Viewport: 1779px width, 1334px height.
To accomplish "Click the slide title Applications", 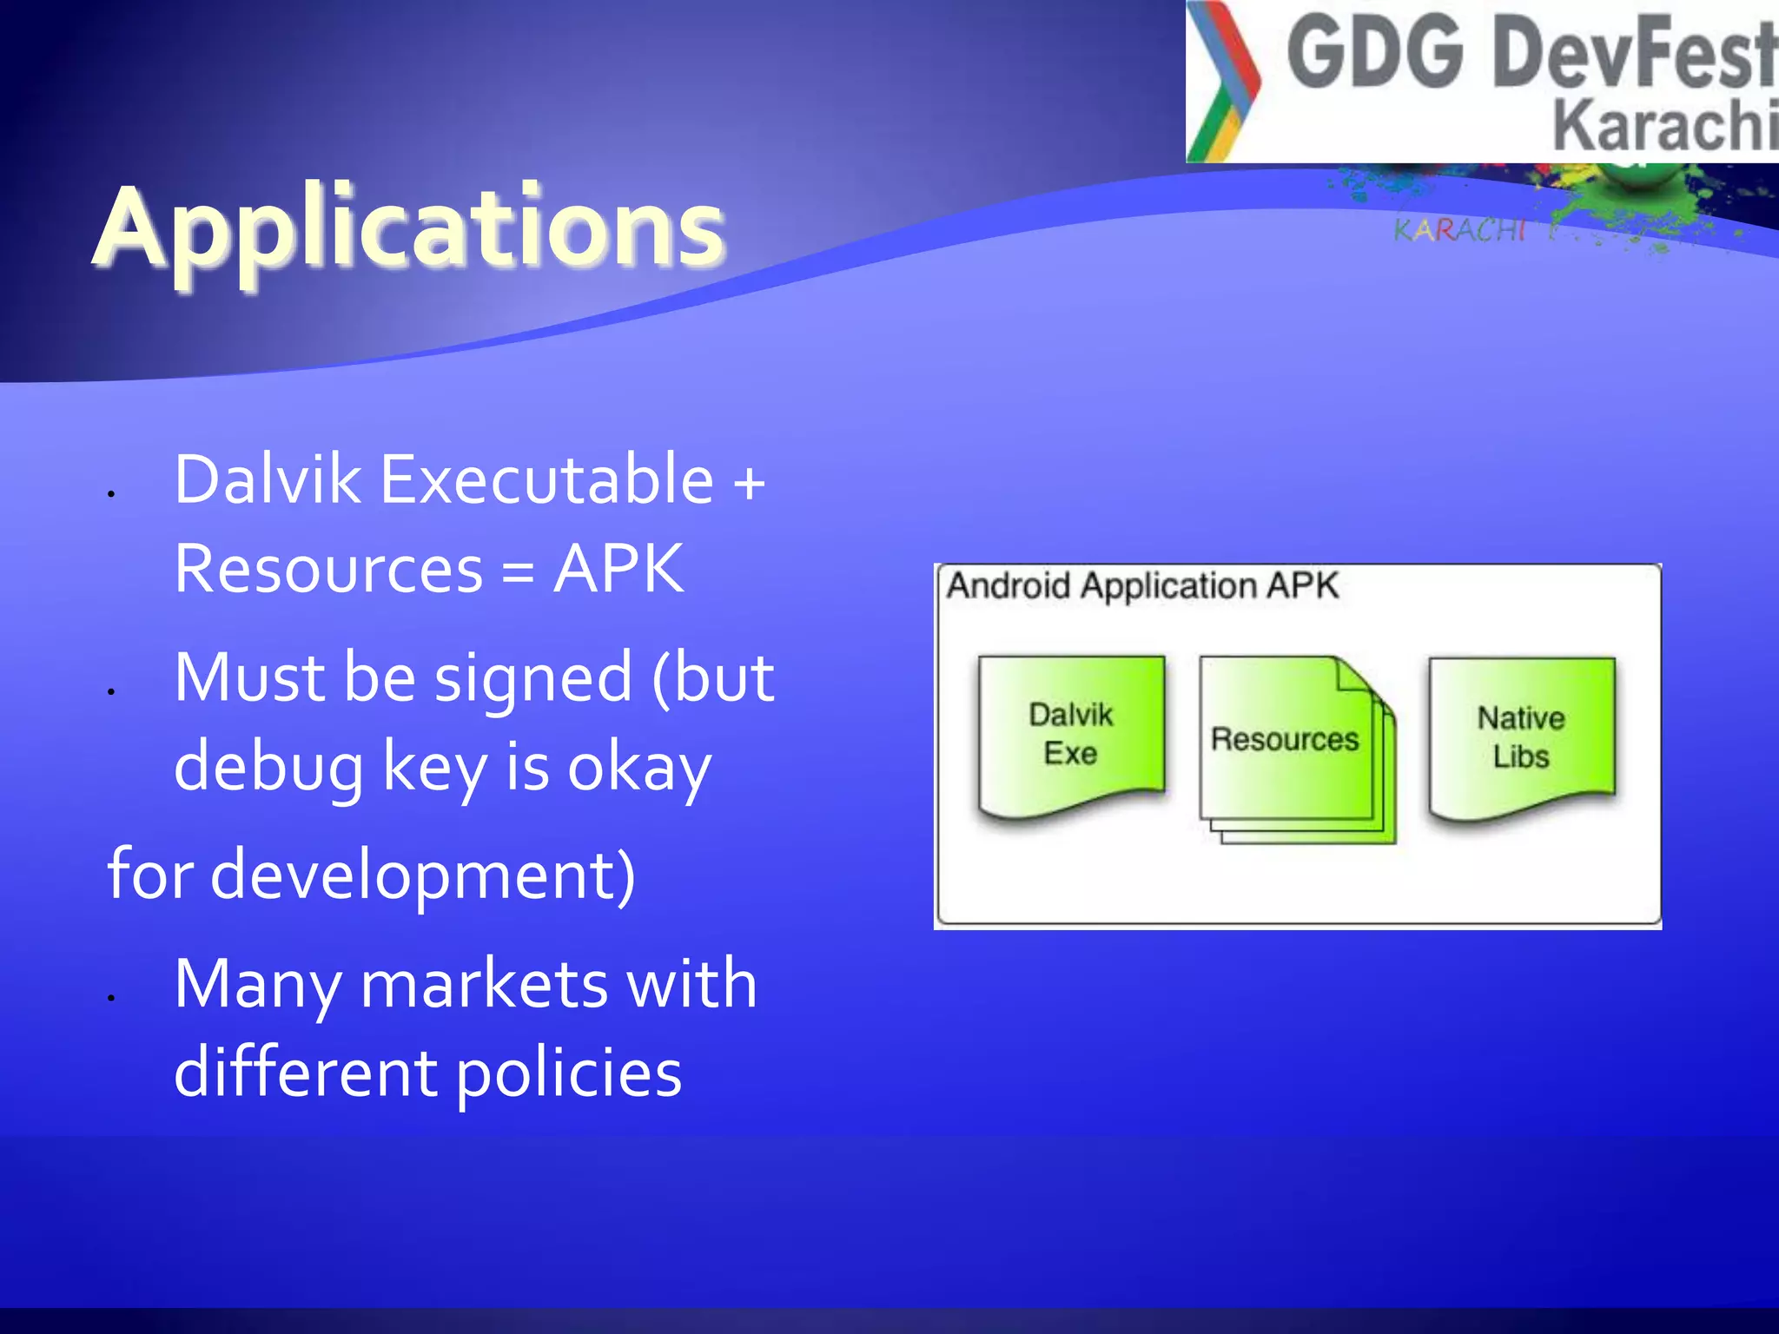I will click(408, 228).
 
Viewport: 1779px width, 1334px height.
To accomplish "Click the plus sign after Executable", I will click(749, 483).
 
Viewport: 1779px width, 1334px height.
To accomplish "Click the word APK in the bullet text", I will click(618, 570).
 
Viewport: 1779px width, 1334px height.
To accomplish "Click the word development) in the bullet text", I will click(423, 875).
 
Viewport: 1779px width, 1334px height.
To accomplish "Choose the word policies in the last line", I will click(569, 1075).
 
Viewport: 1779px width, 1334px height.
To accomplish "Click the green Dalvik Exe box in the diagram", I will click(1070, 735).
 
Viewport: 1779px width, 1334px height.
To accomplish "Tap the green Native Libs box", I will click(1521, 736).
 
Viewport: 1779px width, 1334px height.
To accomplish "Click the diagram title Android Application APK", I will click(1141, 586).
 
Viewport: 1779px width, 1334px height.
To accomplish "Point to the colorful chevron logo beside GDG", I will click(1221, 81).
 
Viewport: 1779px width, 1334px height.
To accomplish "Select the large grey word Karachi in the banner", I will click(1663, 126).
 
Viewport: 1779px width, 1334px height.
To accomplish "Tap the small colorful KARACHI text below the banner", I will click(1459, 230).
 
